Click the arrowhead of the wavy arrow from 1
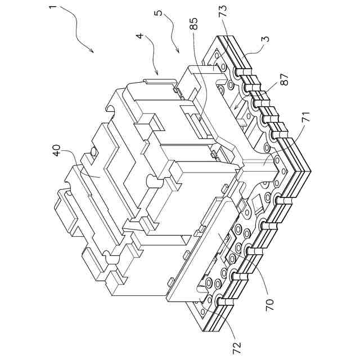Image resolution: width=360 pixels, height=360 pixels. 92,51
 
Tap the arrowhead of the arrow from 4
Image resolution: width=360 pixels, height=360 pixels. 158,74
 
